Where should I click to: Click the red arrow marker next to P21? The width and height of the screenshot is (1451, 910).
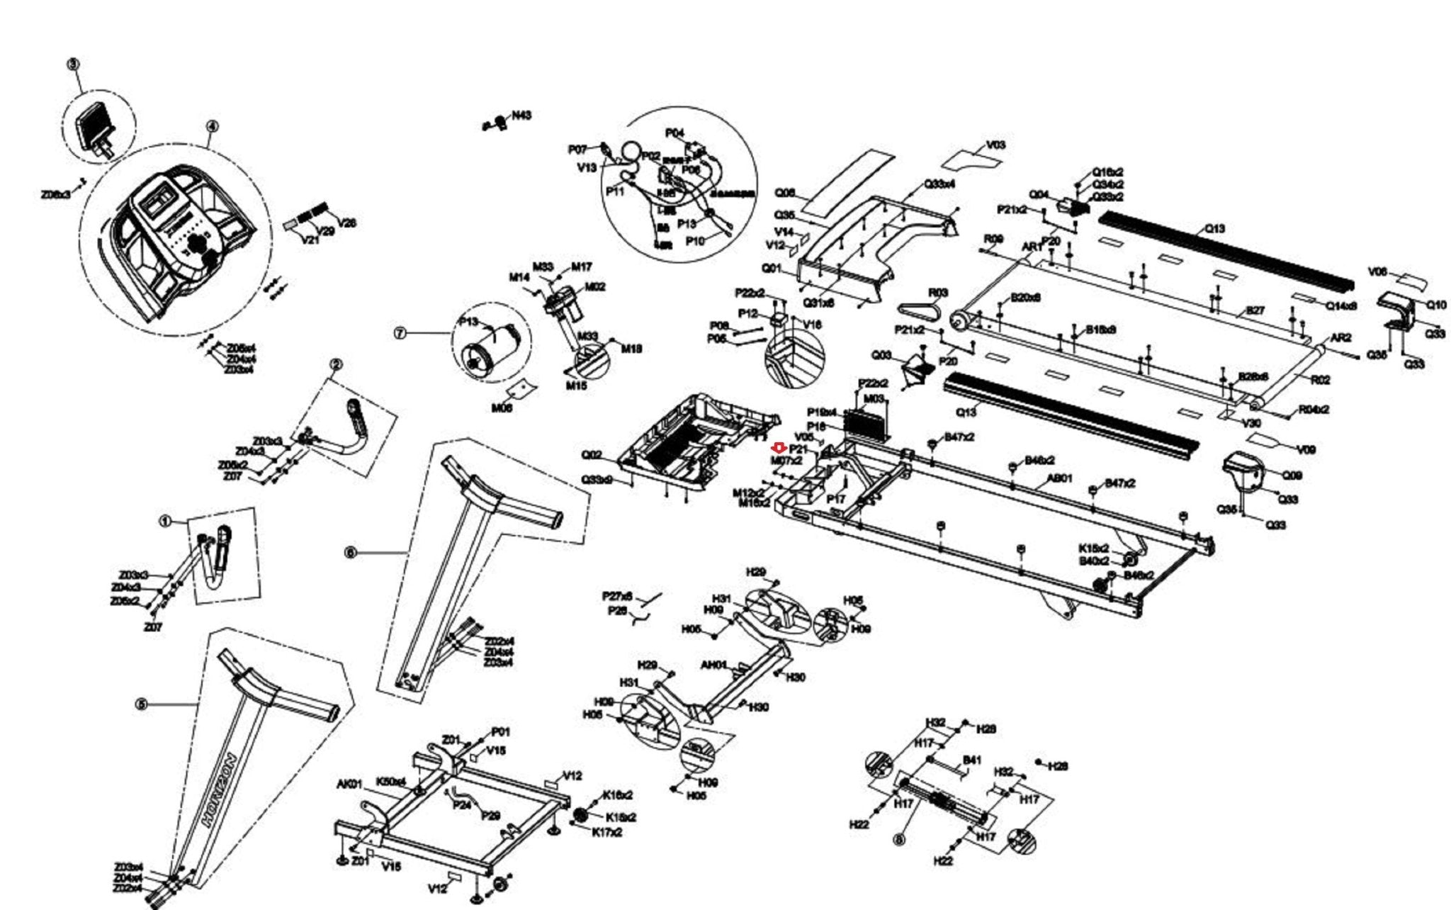pos(779,448)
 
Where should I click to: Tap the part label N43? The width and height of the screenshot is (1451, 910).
pos(522,115)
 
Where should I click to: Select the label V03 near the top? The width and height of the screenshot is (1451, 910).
pos(995,145)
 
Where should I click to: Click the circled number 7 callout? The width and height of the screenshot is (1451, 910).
pos(400,333)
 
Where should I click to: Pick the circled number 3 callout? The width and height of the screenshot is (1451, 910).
pos(73,64)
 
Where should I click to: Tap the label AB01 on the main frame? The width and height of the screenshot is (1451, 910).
pos(1060,478)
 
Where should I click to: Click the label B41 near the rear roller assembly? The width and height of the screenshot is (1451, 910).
pos(971,760)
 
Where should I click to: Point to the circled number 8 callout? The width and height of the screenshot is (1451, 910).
pos(899,841)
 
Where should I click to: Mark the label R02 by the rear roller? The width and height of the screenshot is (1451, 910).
pos(1320,381)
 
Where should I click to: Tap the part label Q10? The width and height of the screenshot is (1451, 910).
pos(1436,305)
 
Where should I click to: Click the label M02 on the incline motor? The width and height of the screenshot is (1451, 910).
pos(594,287)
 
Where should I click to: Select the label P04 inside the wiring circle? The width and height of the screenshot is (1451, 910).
pos(674,133)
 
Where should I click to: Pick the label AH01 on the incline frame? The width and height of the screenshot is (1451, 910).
pos(713,665)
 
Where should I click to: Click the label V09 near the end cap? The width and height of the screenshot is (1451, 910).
pos(1306,449)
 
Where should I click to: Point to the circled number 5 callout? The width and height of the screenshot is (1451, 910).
pos(141,704)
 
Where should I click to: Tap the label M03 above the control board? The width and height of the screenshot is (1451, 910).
pos(874,399)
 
